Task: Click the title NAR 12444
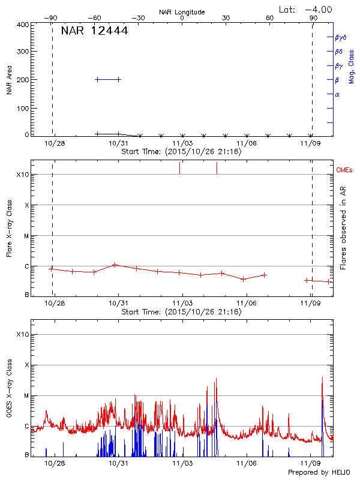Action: click(x=94, y=31)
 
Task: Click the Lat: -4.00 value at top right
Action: click(x=306, y=9)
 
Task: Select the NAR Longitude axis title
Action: click(x=182, y=12)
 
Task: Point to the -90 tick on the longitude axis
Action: click(x=53, y=19)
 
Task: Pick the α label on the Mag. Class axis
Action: click(x=337, y=94)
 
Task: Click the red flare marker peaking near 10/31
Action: click(x=115, y=265)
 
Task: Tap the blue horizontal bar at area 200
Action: click(x=108, y=79)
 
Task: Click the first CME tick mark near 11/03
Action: click(x=179, y=168)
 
